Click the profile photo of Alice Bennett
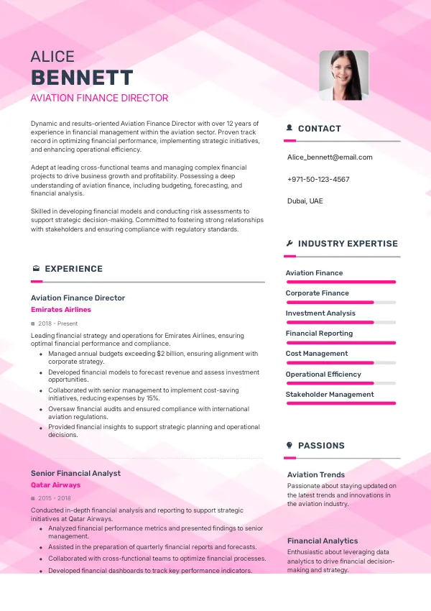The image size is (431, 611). pyautogui.click(x=343, y=75)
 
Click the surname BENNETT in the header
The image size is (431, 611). pyautogui.click(x=82, y=78)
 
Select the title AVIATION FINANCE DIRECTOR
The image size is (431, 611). pyautogui.click(x=99, y=98)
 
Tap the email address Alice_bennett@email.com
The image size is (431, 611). pyautogui.click(x=330, y=157)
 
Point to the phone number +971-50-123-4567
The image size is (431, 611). pyautogui.click(x=318, y=179)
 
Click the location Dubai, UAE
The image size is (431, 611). pyautogui.click(x=305, y=201)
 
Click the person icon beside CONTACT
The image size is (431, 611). pyautogui.click(x=289, y=128)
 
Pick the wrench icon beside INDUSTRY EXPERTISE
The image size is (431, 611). pyautogui.click(x=289, y=244)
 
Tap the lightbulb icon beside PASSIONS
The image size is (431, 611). pyautogui.click(x=289, y=446)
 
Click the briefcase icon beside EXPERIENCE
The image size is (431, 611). pyautogui.click(x=35, y=269)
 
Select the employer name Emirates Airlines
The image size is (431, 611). pyautogui.click(x=61, y=310)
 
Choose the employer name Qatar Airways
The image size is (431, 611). pyautogui.click(x=56, y=485)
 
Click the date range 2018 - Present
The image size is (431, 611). pyautogui.click(x=58, y=323)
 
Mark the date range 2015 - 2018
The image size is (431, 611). pyautogui.click(x=55, y=498)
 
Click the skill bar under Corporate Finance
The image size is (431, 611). pyautogui.click(x=340, y=302)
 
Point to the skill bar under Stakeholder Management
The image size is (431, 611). pyautogui.click(x=340, y=403)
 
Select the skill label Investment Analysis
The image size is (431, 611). pyautogui.click(x=320, y=313)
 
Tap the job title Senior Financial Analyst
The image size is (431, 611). pyautogui.click(x=75, y=473)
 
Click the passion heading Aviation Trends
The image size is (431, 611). pyautogui.click(x=316, y=474)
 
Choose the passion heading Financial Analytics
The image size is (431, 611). pyautogui.click(x=323, y=541)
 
